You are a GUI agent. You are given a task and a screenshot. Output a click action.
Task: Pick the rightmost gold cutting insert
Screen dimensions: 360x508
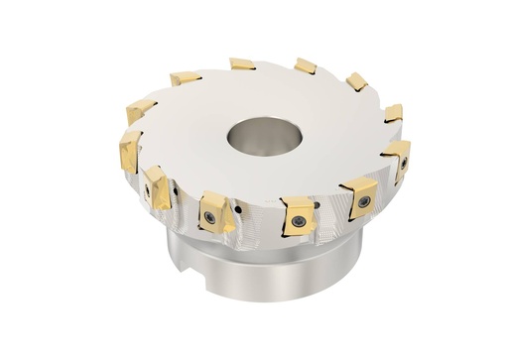coord(396,155)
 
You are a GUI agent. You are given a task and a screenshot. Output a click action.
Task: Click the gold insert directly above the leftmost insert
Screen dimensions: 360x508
coord(140,109)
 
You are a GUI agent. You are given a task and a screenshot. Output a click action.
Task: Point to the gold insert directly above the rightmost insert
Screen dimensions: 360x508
coord(394,112)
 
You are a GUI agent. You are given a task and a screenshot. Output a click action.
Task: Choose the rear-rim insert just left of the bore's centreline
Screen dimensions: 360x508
coord(242,64)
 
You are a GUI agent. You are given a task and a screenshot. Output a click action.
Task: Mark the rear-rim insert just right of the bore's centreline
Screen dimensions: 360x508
coord(306,65)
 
